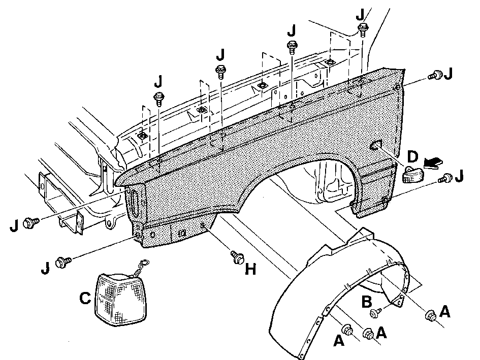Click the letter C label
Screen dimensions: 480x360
(85, 298)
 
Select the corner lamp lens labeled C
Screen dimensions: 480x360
(120, 300)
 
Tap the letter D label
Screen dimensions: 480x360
(412, 156)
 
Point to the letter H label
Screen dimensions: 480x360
(250, 269)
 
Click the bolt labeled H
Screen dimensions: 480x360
(238, 257)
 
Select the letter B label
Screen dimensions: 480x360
(367, 302)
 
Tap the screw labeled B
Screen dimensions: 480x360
(375, 313)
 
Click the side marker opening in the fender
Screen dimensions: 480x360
(376, 145)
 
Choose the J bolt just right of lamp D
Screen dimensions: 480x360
(445, 178)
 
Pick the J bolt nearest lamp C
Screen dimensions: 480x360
(63, 263)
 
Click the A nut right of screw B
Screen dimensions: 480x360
(431, 315)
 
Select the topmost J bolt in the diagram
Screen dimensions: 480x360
(363, 29)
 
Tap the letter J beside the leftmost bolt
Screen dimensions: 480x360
(14, 225)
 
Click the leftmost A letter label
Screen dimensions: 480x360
(339, 340)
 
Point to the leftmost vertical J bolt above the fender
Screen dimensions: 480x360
(159, 99)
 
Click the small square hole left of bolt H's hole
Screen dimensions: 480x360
(182, 233)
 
